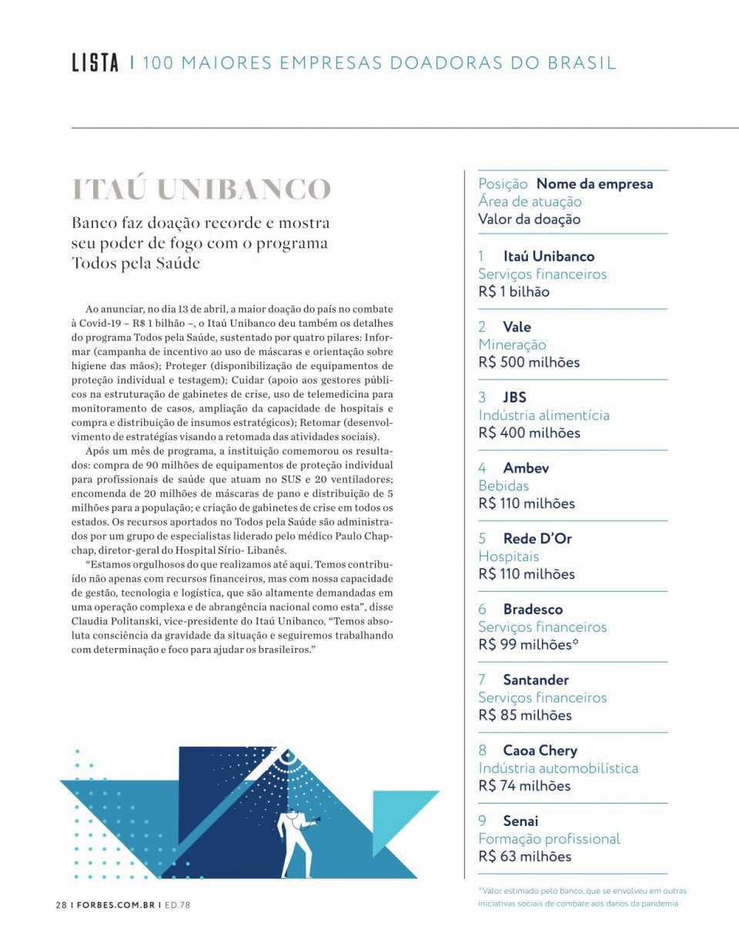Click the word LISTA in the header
point(95,62)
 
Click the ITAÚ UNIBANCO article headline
point(201,190)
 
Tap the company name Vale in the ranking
point(517,327)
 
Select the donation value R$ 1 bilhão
point(513,291)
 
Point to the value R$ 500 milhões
point(529,362)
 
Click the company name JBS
point(514,397)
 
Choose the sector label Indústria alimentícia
point(543,415)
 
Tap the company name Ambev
point(526,468)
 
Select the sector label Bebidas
point(503,485)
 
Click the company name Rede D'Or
point(537,539)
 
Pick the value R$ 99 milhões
point(527,644)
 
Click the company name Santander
point(536,680)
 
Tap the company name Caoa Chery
point(540,750)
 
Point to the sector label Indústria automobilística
point(558,768)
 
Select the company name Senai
point(520,821)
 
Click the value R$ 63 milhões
point(524,856)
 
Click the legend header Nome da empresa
point(594,184)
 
